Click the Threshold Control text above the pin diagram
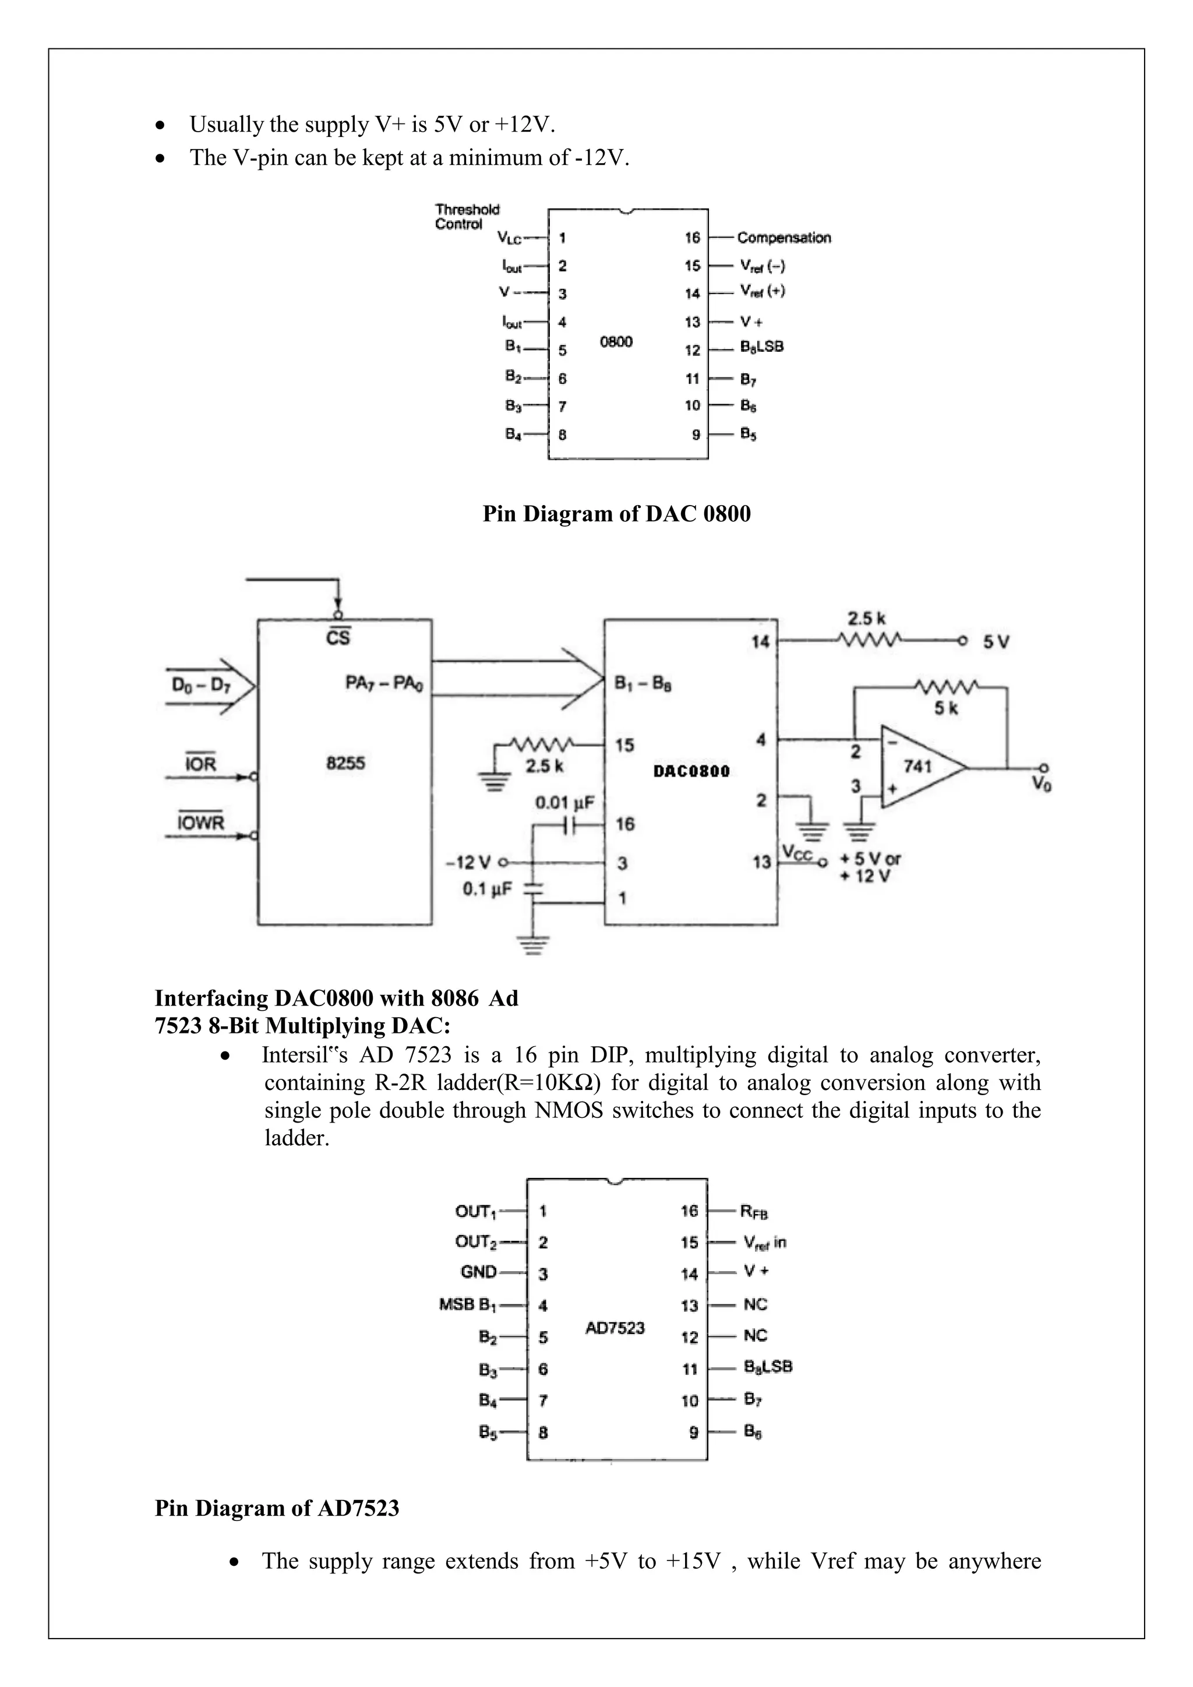coord(467,217)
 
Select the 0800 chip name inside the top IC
coord(616,342)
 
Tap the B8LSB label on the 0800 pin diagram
coord(762,347)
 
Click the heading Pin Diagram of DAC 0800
coord(616,514)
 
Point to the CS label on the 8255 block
coord(338,637)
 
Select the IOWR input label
coord(200,821)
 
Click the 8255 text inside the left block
coord(345,763)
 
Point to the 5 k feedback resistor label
coord(945,708)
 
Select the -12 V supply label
coord(468,862)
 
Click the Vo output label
coord(1041,784)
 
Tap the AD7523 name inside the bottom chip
coord(615,1328)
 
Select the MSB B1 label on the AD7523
coord(468,1304)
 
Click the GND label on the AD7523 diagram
coord(478,1272)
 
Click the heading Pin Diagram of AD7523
coord(277,1508)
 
